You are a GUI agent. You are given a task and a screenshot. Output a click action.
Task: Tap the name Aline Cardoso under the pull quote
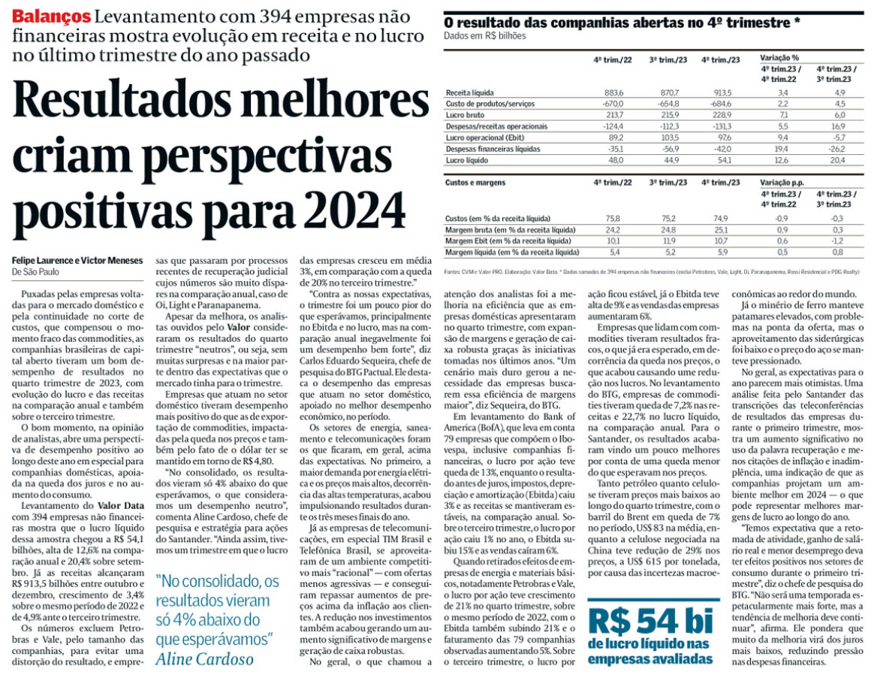point(203,658)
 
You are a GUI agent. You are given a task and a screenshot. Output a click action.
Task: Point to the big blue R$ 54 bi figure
point(650,620)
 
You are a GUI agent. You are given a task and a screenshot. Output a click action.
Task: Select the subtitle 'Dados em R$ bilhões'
point(485,36)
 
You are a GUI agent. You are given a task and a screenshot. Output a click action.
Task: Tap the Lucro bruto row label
point(466,114)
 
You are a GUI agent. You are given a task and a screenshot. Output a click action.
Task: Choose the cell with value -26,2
point(833,149)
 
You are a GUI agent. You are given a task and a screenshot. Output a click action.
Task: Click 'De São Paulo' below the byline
point(36,272)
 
